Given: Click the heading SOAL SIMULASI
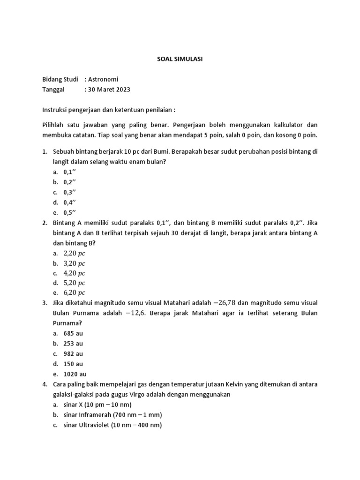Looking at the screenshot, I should pyautogui.click(x=180, y=59).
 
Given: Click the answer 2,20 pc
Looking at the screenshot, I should pyautogui.click(x=75, y=253).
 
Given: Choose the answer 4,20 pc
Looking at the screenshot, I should pyautogui.click(x=75, y=273).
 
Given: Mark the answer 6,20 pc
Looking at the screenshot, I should pyautogui.click(x=75, y=293).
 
